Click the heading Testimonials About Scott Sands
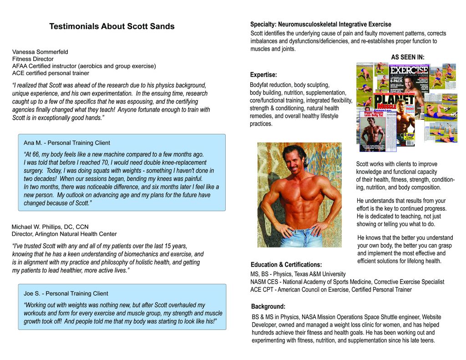111,26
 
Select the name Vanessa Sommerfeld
40,52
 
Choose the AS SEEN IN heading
407,57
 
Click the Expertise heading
263,75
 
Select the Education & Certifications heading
286,264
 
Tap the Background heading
268,306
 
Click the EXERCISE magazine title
409,70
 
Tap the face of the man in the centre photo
293,160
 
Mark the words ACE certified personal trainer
51,73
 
